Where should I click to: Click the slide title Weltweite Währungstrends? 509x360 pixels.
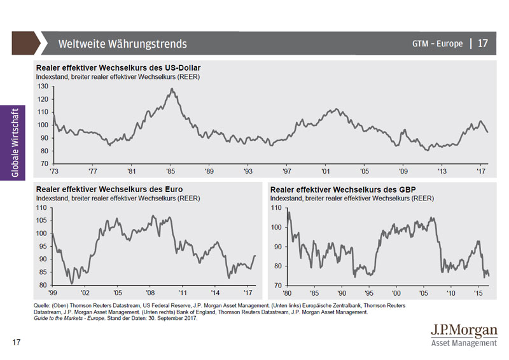point(123,44)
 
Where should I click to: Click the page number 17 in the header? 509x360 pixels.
point(483,43)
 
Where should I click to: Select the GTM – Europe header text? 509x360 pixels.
point(438,44)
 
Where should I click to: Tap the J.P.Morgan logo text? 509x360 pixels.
point(464,331)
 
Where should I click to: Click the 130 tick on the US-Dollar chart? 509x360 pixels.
point(43,86)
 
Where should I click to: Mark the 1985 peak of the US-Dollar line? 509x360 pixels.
point(171,90)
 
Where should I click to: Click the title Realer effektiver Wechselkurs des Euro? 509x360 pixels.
point(109,189)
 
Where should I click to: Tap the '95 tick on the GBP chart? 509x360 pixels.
point(370,293)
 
